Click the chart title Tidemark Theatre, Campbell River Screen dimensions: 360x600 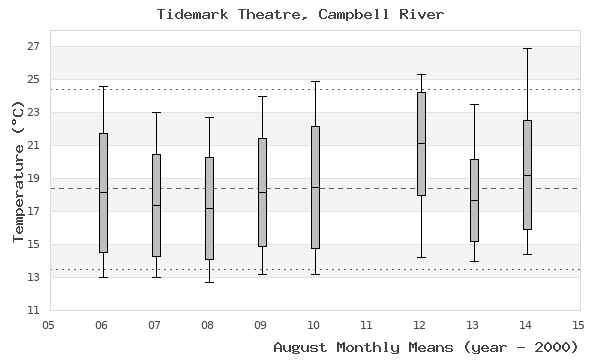300,14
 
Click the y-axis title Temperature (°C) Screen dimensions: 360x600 19,171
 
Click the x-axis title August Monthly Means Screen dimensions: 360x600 426,346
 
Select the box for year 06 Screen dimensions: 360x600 103,193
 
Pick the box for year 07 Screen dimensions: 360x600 156,205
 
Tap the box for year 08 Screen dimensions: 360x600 209,208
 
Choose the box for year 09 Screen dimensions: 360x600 262,192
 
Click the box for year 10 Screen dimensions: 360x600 315,187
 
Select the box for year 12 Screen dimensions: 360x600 421,144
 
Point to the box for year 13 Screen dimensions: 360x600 474,200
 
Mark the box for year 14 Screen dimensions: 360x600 527,175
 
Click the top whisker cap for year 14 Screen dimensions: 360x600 527,48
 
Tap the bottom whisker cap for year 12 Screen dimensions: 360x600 421,257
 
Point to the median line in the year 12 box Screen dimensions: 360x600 421,143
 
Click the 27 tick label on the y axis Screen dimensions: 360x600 33,47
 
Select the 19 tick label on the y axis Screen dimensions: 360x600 33,179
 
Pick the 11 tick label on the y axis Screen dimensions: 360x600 33,311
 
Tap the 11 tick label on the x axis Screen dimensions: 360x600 367,325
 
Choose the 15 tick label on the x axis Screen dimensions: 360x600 578,325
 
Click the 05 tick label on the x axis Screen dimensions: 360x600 49,325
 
